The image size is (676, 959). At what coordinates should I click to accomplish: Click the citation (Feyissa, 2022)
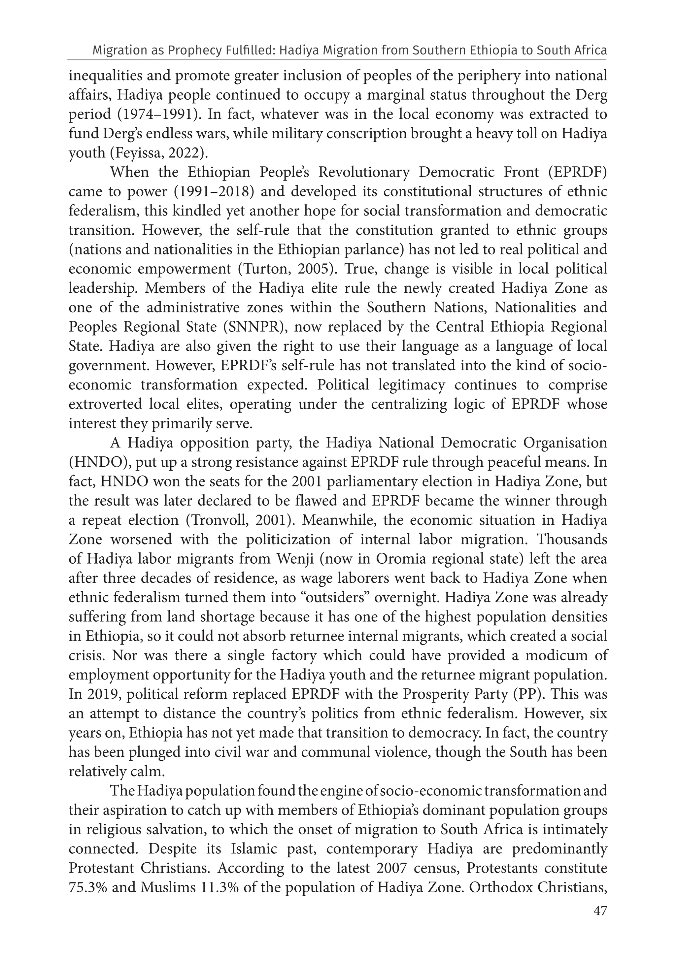(x=159, y=153)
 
